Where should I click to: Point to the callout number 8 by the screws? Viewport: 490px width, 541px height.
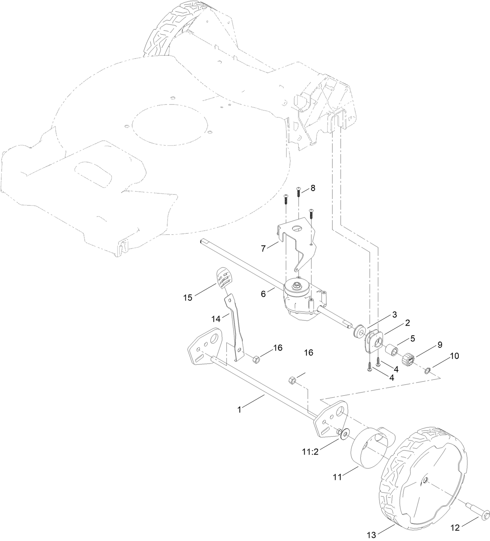click(x=313, y=188)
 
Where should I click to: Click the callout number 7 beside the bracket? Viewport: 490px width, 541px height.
click(x=264, y=248)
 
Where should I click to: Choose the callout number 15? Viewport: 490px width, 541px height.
click(x=188, y=298)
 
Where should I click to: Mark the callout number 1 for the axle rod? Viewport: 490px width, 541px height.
click(x=240, y=410)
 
